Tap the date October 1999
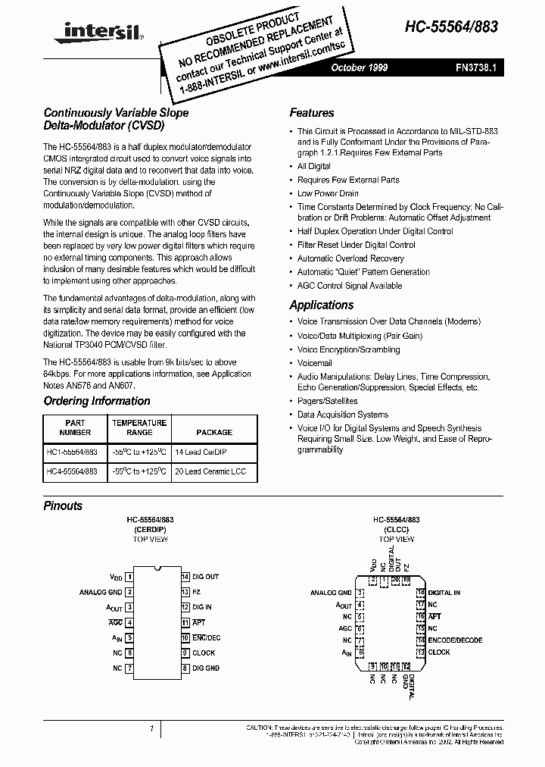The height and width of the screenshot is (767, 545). click(359, 67)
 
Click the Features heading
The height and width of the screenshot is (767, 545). click(311, 113)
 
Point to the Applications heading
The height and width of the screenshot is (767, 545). click(321, 305)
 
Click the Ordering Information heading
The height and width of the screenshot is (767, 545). click(97, 401)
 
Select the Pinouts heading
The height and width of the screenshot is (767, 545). click(63, 506)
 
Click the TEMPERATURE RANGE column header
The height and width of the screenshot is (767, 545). click(139, 427)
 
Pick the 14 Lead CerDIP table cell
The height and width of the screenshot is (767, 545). click(200, 451)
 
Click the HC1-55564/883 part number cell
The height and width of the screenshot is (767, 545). click(72, 451)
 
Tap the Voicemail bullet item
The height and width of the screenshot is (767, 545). click(314, 363)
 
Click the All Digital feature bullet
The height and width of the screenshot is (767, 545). click(313, 166)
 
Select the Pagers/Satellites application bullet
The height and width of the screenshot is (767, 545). click(327, 401)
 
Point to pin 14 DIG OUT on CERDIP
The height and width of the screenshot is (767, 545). click(205, 577)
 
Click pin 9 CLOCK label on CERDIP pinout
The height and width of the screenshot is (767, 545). click(204, 653)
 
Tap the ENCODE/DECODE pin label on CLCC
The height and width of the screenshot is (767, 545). click(455, 640)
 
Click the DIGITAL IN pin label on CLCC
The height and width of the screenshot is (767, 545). click(444, 593)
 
